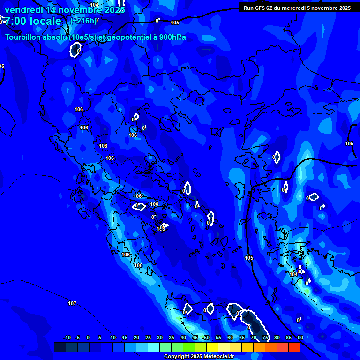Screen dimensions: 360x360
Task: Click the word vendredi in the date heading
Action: (24, 10)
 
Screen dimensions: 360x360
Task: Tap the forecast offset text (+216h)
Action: (83, 21)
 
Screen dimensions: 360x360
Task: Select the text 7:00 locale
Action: (33, 21)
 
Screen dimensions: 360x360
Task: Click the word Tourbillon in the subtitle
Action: (23, 37)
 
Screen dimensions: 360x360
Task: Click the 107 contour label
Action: (72, 303)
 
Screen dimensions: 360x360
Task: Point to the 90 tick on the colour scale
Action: (300, 337)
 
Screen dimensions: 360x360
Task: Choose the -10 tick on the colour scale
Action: (67, 337)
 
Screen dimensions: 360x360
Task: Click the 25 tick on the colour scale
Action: (148, 337)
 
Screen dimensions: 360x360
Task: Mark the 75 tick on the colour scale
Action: (265, 337)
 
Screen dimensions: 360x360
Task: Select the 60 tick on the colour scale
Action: (230, 337)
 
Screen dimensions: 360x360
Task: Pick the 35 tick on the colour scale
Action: (172, 337)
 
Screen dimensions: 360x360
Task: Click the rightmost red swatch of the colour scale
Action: (294, 347)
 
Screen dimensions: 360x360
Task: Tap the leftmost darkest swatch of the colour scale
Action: (60, 347)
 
